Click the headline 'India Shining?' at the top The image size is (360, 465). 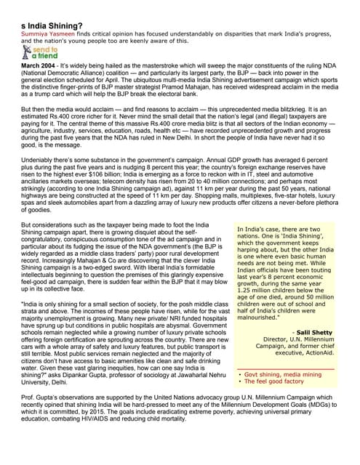click(55, 25)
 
